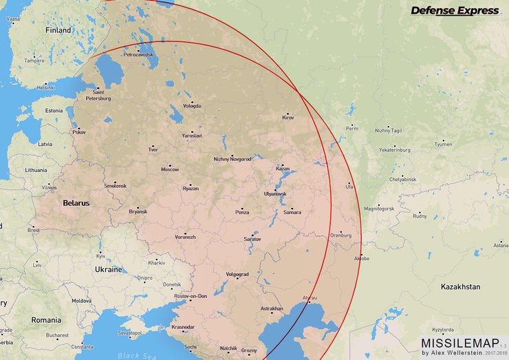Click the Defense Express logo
[x=455, y=10]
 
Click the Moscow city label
[x=170, y=169]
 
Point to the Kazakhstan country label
[x=460, y=286]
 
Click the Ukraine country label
[x=108, y=269]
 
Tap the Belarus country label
[x=76, y=203]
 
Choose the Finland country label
[x=58, y=30]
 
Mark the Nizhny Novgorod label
[x=232, y=160]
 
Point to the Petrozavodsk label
[x=138, y=54]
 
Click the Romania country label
[x=46, y=320]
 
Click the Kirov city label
[x=288, y=118]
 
